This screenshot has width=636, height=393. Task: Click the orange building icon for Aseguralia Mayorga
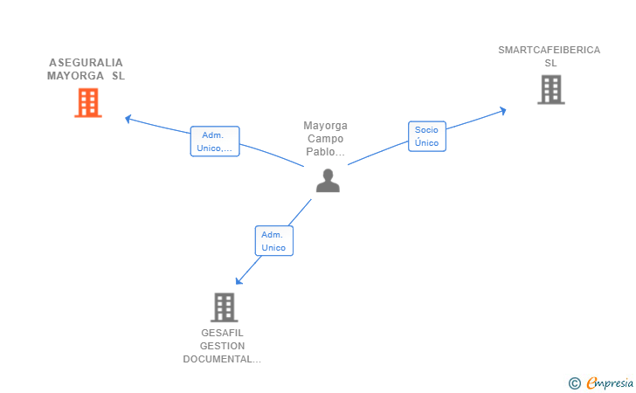tap(88, 103)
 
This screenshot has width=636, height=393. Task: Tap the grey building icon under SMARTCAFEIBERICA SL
tap(551, 90)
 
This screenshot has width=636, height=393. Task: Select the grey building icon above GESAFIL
tap(225, 307)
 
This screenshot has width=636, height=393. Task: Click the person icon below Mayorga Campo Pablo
tap(328, 181)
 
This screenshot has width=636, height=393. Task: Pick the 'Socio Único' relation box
tap(426, 136)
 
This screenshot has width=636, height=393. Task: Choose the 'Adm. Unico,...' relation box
tap(215, 141)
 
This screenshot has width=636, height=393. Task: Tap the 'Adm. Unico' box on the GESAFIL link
tap(274, 241)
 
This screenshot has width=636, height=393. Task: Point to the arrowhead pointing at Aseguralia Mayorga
tap(128, 119)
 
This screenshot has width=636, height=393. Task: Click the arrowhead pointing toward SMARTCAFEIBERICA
tap(503, 111)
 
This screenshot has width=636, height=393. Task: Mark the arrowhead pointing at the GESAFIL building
tap(238, 281)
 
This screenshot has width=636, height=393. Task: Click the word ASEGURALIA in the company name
tap(86, 63)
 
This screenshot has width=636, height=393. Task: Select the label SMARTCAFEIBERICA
tap(550, 50)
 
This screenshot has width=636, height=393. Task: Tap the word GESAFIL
tap(222, 333)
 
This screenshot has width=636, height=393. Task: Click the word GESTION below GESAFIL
tap(222, 346)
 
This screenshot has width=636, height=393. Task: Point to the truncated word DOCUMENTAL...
tap(222, 359)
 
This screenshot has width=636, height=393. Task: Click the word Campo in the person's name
tap(325, 139)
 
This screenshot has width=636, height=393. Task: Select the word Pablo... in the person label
tap(325, 152)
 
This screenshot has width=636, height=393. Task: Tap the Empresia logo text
tap(610, 383)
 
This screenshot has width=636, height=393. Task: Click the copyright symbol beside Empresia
tap(575, 383)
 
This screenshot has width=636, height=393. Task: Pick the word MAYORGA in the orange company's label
tap(75, 76)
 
